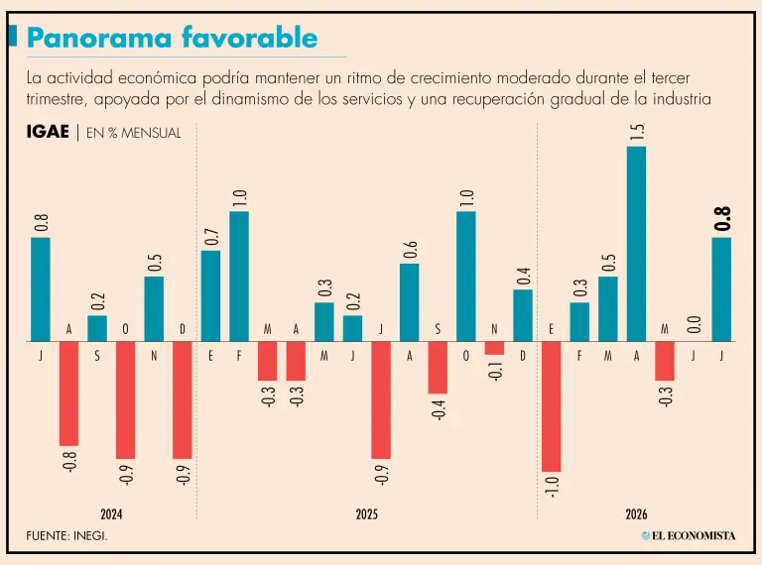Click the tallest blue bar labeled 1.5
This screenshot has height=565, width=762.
click(x=636, y=244)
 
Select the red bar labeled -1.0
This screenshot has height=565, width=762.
click(x=551, y=406)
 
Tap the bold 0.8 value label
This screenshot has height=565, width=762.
click(x=722, y=218)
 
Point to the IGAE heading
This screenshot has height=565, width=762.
click(x=48, y=132)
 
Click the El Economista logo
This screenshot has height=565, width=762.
click(x=689, y=536)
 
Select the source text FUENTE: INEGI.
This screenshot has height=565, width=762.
click(x=67, y=536)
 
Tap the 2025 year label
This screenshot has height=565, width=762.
click(x=366, y=514)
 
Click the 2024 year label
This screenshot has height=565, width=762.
click(x=111, y=514)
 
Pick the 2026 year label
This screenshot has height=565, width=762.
click(x=636, y=514)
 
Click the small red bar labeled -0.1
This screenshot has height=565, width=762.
click(x=494, y=348)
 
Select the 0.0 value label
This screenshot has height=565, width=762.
click(x=694, y=324)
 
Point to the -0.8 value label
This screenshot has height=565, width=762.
click(x=69, y=462)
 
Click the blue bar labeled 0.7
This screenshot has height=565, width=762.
click(x=210, y=296)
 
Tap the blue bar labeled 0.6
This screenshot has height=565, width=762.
click(x=409, y=302)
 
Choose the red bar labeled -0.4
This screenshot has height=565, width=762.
click(x=438, y=368)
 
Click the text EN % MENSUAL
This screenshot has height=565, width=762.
click(x=134, y=133)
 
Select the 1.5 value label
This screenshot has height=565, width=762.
click(x=637, y=133)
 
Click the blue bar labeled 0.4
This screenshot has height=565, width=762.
click(x=523, y=315)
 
